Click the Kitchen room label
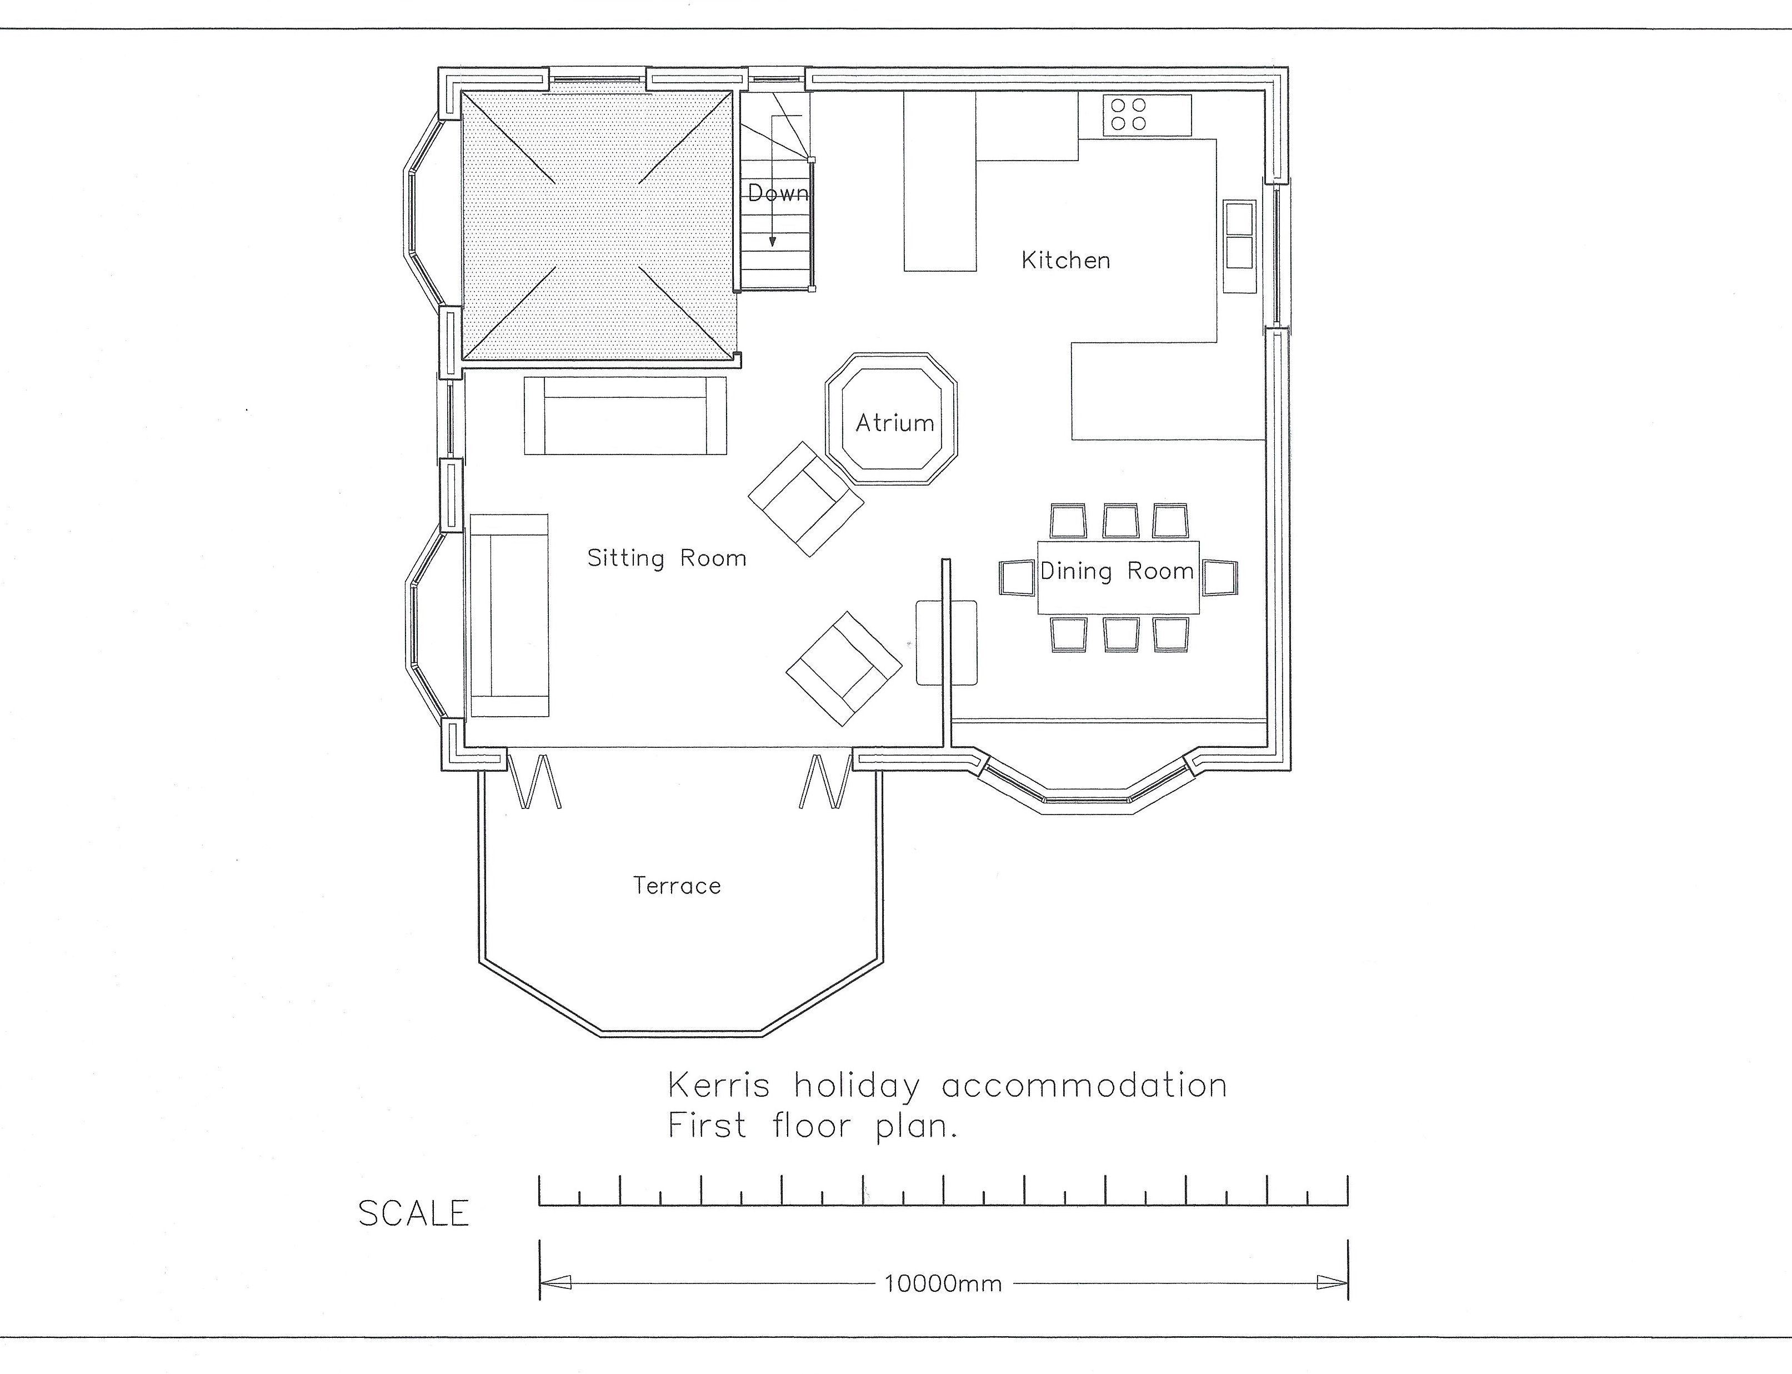click(x=1066, y=260)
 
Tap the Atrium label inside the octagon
click(x=894, y=423)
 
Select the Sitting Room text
click(x=667, y=558)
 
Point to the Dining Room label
click(x=1117, y=571)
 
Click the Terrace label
click(x=677, y=886)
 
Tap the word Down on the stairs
click(x=778, y=193)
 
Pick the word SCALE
click(x=414, y=1213)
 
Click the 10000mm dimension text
click(x=943, y=1284)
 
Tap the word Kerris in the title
click(x=719, y=1085)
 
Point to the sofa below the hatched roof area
click(x=625, y=416)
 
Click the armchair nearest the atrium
click(x=806, y=499)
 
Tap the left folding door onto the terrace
click(x=535, y=781)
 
